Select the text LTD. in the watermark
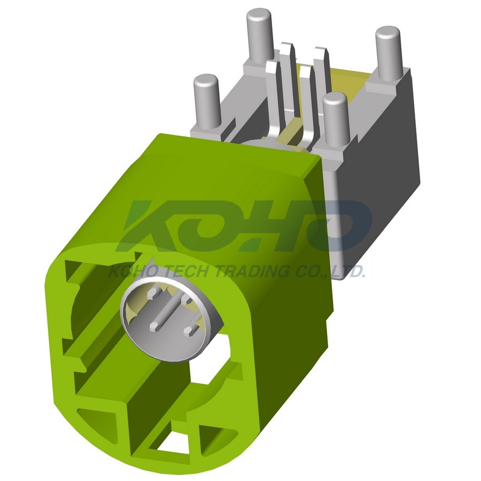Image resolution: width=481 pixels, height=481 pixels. click(348, 271)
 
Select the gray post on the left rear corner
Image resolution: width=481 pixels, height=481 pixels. click(206, 101)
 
